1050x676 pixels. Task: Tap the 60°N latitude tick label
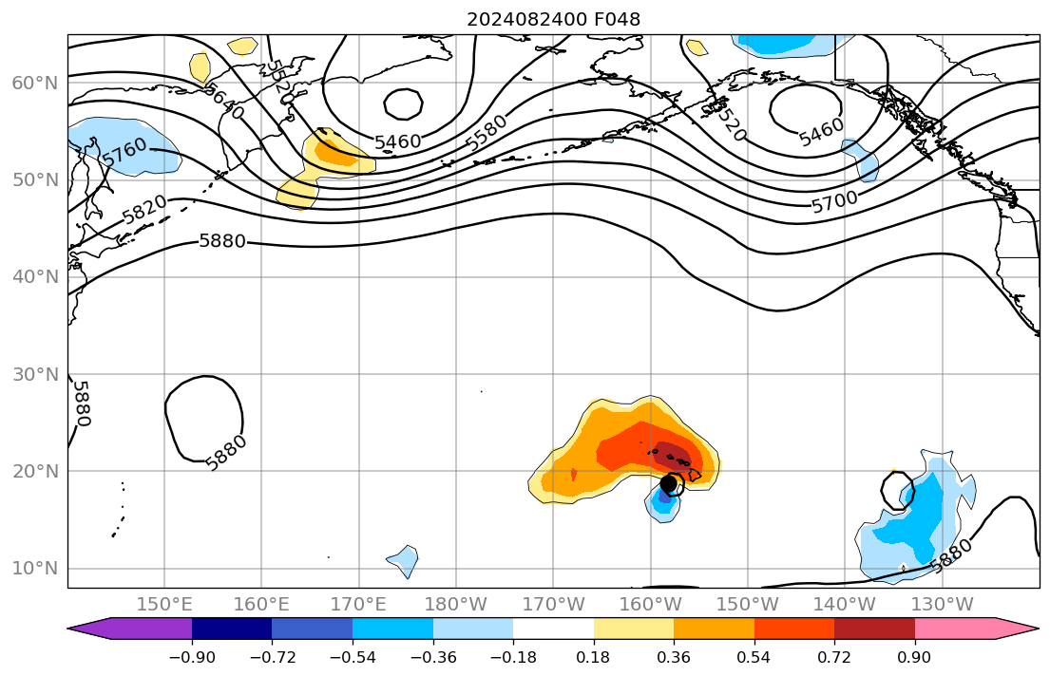(35, 84)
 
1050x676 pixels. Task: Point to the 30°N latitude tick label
(35, 374)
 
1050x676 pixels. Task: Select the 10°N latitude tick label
(35, 569)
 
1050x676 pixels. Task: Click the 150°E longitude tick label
(164, 605)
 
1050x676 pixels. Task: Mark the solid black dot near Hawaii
(668, 482)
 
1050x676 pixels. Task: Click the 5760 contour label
(124, 152)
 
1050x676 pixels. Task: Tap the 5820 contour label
(144, 209)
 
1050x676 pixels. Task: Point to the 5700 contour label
(834, 200)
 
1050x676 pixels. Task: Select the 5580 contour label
(487, 133)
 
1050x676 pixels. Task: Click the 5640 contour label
(224, 100)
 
